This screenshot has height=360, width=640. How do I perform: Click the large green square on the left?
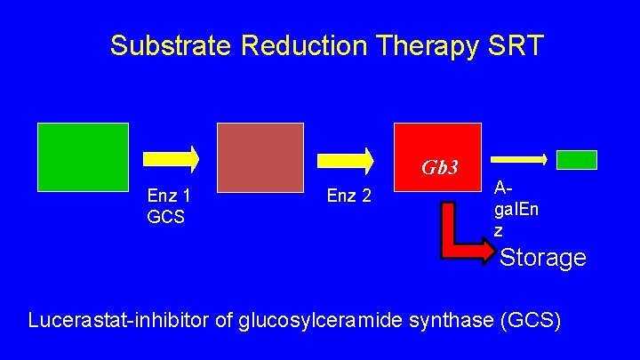click(x=83, y=157)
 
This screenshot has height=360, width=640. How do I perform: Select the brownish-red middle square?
click(x=260, y=157)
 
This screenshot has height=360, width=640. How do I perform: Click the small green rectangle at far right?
click(x=576, y=159)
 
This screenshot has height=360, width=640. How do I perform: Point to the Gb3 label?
click(x=440, y=168)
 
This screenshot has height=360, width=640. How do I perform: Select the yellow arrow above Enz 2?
click(x=347, y=158)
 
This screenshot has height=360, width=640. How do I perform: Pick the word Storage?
click(x=542, y=258)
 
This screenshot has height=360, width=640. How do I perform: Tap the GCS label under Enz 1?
click(x=166, y=216)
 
